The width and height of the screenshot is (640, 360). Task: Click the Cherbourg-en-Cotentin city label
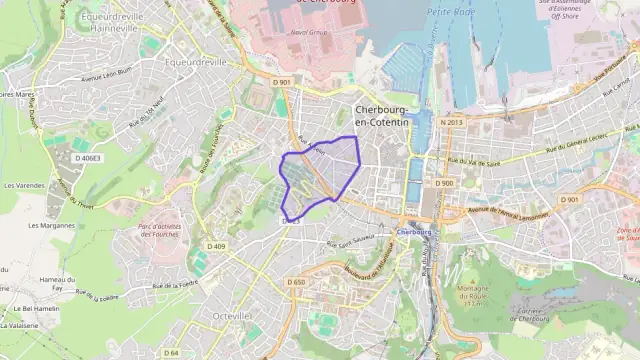click(382, 115)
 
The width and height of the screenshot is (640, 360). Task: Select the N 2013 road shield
click(451, 122)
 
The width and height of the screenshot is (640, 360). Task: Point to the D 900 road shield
click(444, 183)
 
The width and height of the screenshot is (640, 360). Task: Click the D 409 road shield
click(216, 246)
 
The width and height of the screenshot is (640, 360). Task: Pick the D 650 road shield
click(296, 282)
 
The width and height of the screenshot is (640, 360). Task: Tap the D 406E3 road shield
click(86, 158)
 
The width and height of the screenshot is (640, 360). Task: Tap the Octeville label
click(232, 315)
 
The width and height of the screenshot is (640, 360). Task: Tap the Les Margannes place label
click(51, 225)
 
